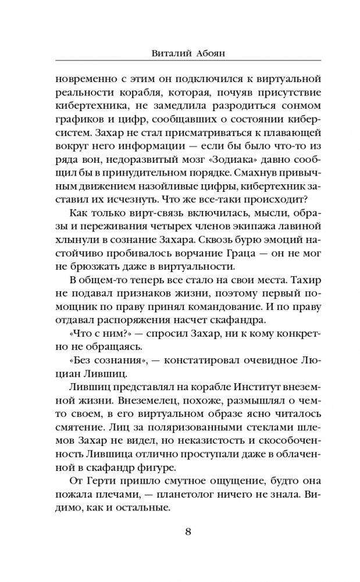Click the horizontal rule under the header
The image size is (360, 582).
[x=180, y=61]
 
